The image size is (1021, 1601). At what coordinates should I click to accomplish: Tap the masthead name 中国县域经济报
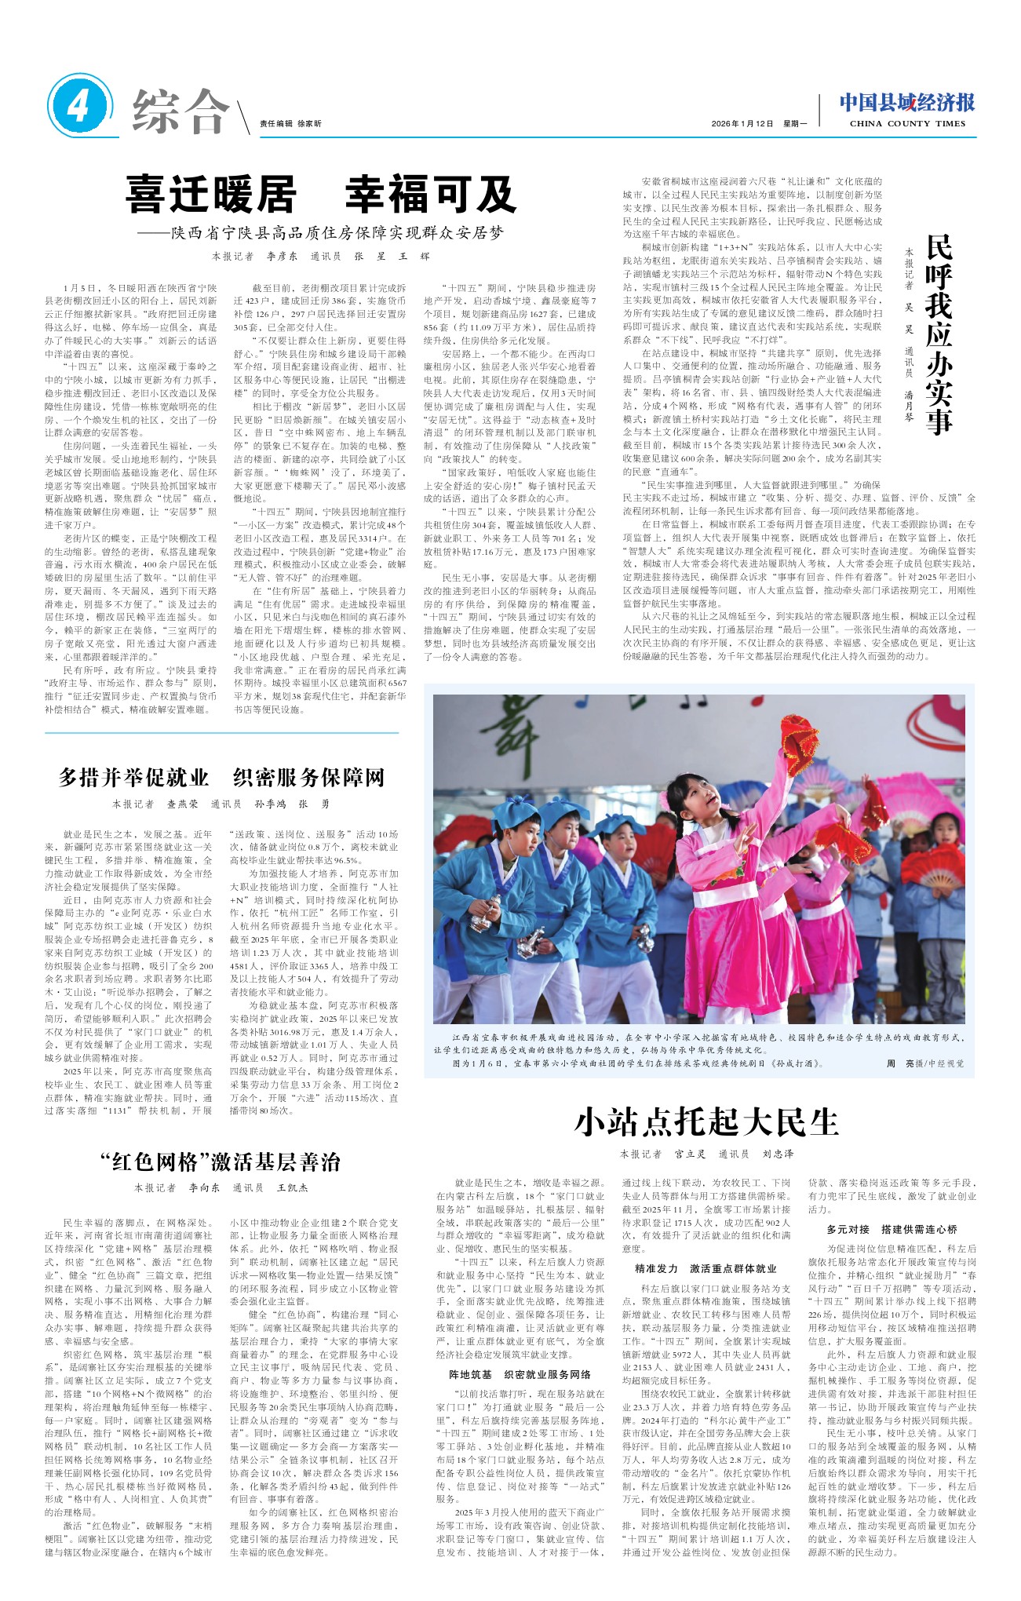(x=906, y=102)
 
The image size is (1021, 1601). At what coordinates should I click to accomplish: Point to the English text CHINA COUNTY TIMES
(x=906, y=123)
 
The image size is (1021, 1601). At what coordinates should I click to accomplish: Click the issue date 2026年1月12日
(x=742, y=123)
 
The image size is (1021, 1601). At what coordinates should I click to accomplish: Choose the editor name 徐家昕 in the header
(x=309, y=123)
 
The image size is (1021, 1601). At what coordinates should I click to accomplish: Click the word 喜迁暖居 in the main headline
(x=210, y=194)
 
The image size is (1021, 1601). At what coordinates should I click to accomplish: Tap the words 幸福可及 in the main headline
(x=431, y=194)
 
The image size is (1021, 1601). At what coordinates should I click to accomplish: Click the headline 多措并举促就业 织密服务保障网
(x=221, y=777)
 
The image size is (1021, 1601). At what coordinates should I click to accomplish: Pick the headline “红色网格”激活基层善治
(x=221, y=1162)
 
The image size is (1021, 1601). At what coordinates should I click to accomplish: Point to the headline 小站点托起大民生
(x=706, y=1121)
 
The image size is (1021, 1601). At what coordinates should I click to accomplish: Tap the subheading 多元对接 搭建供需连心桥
(x=892, y=1229)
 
